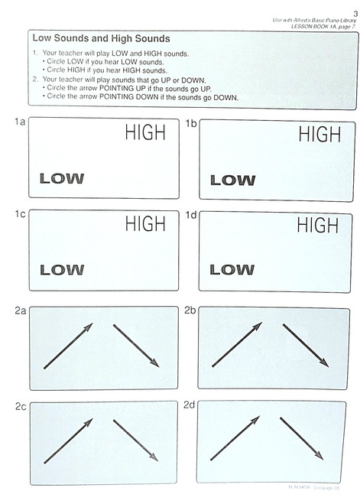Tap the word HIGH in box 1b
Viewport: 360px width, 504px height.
(319, 135)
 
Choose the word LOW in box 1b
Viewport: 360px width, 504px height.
(232, 180)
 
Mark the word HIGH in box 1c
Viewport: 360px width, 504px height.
(144, 223)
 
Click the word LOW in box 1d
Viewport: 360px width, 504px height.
(232, 269)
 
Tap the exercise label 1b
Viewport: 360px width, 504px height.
(191, 122)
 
